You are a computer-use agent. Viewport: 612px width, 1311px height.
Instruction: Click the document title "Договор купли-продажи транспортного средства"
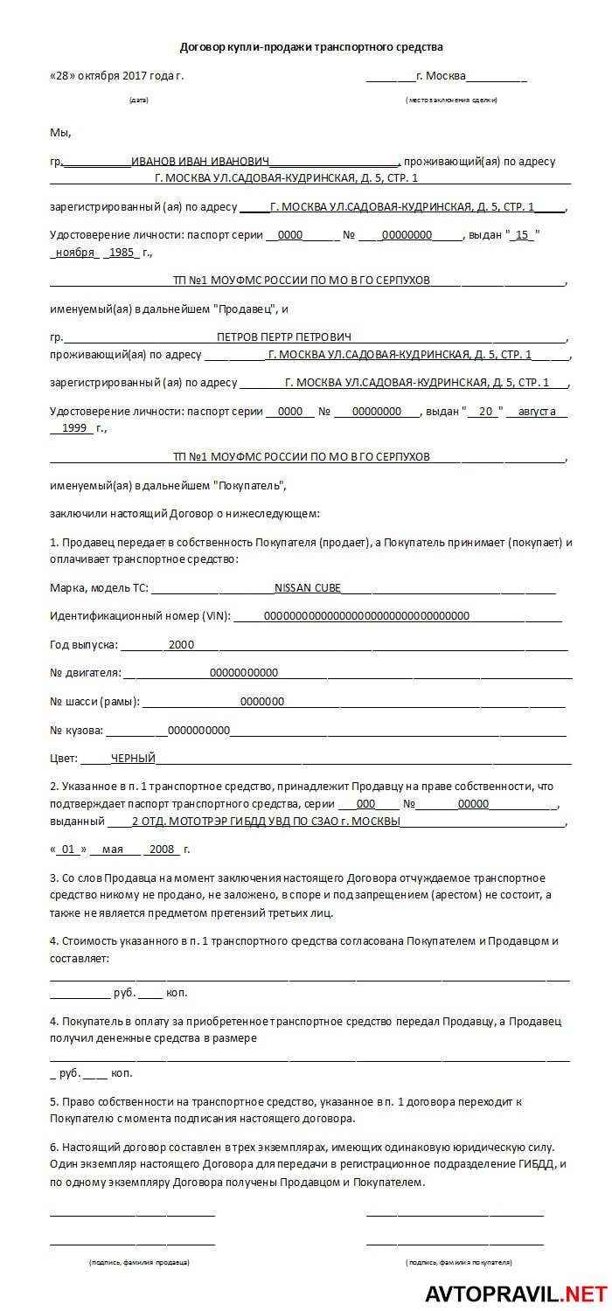click(311, 46)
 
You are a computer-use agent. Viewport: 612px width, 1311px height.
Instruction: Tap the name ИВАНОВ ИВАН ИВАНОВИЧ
click(200, 161)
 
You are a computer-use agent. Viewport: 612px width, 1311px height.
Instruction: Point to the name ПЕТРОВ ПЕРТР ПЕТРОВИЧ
click(284, 336)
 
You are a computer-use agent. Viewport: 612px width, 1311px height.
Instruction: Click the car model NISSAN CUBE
click(308, 587)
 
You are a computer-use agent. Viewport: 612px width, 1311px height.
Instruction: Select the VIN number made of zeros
click(366, 615)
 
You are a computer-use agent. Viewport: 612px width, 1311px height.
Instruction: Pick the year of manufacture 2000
click(181, 645)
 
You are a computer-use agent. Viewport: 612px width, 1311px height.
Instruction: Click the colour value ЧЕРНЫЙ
click(133, 759)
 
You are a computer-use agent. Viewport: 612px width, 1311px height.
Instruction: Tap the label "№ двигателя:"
click(86, 673)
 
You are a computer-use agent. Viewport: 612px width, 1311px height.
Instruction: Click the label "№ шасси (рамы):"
click(94, 701)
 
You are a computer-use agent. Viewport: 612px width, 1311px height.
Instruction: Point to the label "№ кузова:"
click(77, 730)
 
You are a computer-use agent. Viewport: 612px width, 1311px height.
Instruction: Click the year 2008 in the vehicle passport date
click(163, 850)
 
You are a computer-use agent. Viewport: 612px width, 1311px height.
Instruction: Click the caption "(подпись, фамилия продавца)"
click(139, 1262)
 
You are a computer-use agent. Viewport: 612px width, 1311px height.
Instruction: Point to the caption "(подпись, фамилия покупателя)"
click(458, 1262)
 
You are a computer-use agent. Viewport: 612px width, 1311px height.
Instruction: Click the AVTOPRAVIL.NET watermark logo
click(516, 1293)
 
